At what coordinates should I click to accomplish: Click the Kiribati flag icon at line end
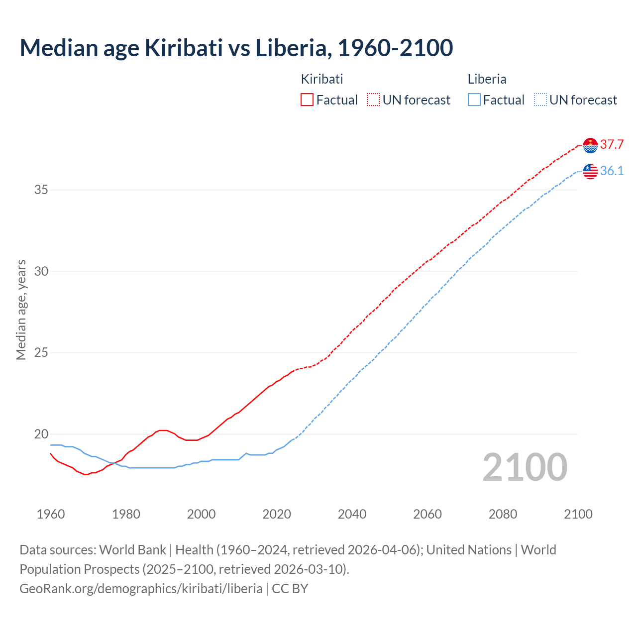[x=590, y=145]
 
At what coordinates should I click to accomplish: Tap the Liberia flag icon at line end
[x=590, y=171]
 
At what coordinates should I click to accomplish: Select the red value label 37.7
[x=612, y=145]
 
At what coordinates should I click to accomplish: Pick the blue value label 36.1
[x=612, y=171]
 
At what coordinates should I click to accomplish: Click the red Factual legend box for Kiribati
[x=307, y=100]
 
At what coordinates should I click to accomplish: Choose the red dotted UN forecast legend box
[x=373, y=100]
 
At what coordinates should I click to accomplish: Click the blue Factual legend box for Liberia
[x=474, y=100]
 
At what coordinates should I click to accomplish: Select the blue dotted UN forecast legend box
[x=540, y=100]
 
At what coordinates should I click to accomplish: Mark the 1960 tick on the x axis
[x=51, y=514]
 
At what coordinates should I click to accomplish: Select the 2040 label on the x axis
[x=352, y=514]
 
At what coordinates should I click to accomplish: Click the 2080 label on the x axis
[x=503, y=514]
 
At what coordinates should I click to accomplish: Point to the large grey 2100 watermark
[x=525, y=467]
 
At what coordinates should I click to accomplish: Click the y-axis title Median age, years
[x=21, y=310]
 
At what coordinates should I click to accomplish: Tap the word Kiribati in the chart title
[x=183, y=48]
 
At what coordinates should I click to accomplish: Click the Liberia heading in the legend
[x=487, y=79]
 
